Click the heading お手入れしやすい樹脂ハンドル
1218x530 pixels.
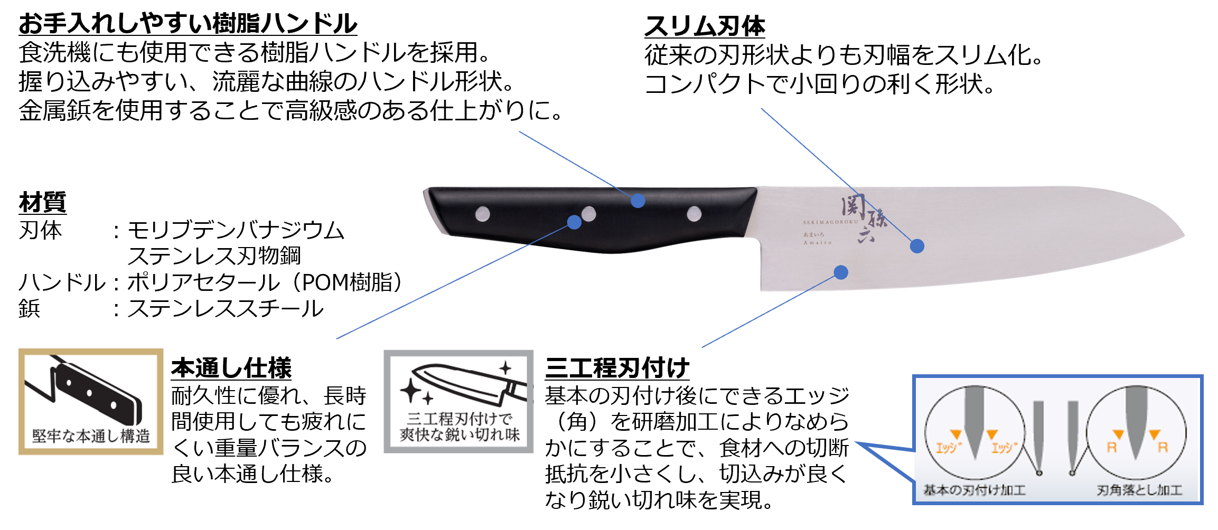click(x=188, y=24)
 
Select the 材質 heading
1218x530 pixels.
click(x=42, y=202)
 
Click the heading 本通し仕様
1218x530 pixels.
click(x=231, y=368)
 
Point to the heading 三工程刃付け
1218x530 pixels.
click(x=617, y=368)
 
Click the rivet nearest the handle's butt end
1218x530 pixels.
click(x=482, y=214)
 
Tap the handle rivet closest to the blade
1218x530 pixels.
click(x=694, y=214)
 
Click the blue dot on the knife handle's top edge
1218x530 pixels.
click(x=638, y=201)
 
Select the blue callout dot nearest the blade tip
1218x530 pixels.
click(x=917, y=246)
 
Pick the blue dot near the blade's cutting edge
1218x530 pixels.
click(x=841, y=272)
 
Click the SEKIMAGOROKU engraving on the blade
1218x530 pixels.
click(x=830, y=222)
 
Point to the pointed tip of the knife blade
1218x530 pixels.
click(x=1183, y=235)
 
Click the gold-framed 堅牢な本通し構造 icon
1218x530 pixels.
click(x=91, y=401)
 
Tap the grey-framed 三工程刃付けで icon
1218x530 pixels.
click(x=458, y=401)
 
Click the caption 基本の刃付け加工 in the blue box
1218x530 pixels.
click(x=974, y=490)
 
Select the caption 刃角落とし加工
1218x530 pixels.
click(x=1139, y=490)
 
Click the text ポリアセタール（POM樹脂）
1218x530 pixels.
click(x=264, y=282)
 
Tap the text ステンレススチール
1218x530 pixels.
click(x=226, y=309)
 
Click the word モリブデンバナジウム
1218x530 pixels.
click(x=236, y=231)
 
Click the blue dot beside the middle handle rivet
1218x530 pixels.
click(x=574, y=222)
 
